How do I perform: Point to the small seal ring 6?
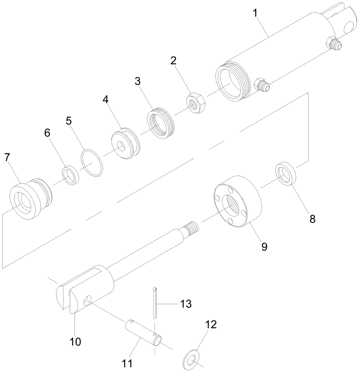tap(71, 176)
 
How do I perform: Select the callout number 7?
tap(7, 157)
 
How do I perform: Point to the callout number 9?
tap(264, 247)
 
